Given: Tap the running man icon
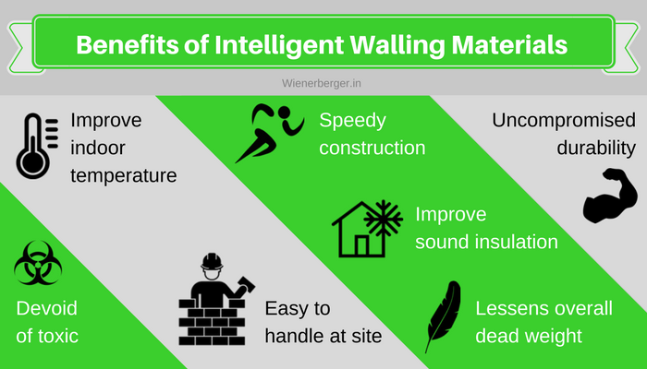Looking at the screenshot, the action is coord(269,133).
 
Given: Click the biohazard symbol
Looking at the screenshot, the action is coord(38,263).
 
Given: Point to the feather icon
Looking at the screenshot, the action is coord(443,315).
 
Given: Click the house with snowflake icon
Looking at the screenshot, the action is coord(367,229).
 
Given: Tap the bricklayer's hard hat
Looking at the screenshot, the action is coord(212,261).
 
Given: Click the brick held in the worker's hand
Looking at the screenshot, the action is coord(247,283).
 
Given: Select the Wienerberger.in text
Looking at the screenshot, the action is coord(322,83).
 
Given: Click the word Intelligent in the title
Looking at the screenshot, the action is coord(279,44).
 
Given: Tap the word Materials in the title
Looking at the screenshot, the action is coord(509,44).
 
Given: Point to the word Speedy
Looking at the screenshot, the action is coord(353,121).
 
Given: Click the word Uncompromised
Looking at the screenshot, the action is coord(564,121).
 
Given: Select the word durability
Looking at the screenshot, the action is coord(596,149).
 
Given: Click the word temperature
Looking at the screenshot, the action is coord(123,176).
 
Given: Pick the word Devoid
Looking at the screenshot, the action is coord(46,308).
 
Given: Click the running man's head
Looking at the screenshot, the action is coord(285,113).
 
